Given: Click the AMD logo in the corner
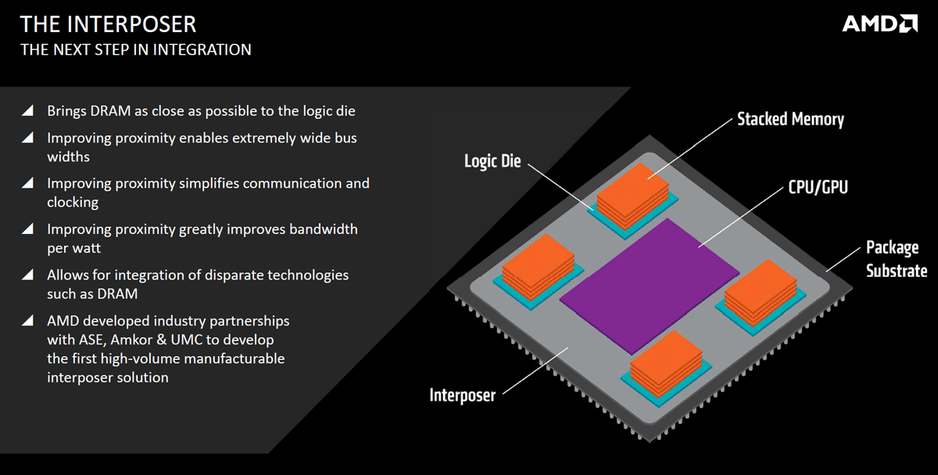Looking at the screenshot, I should click(879, 24).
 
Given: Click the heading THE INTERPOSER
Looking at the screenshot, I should click(109, 23).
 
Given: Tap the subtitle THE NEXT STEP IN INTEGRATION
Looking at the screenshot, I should click(136, 50).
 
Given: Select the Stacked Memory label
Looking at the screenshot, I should click(790, 119).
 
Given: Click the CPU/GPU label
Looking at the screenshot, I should click(818, 187).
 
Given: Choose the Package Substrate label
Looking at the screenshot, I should click(896, 259).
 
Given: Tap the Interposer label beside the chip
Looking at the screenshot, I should click(462, 395).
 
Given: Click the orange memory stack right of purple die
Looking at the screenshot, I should click(763, 293).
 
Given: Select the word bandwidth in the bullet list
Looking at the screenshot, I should click(323, 229).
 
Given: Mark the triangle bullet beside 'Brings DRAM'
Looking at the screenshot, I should click(27, 111).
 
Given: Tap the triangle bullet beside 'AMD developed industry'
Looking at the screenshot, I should click(27, 321).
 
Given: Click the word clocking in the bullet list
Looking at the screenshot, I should click(73, 202).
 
